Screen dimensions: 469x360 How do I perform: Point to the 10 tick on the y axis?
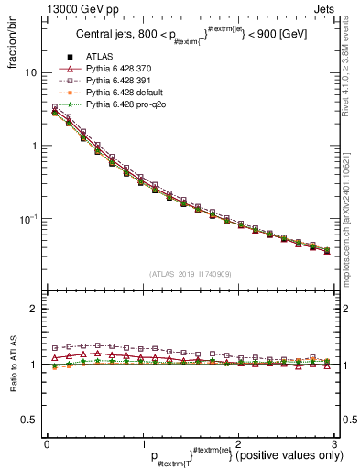coord(30,72)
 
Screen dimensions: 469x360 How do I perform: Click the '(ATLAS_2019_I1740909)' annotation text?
coord(190,274)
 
